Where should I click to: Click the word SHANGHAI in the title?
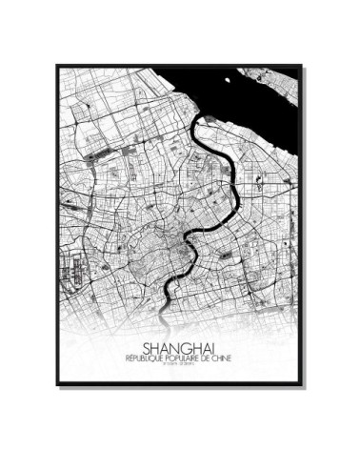click(x=180, y=348)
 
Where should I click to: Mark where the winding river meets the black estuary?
click(x=203, y=119)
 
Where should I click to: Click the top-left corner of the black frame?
click(x=56, y=65)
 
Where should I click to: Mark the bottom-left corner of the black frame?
click(x=56, y=386)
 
